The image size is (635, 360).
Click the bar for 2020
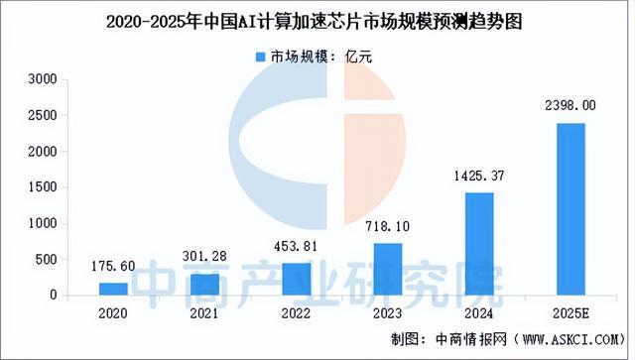click(x=113, y=289)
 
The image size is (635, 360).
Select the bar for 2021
click(x=204, y=284)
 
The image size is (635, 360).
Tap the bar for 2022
click(x=296, y=279)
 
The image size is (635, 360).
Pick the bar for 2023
click(x=387, y=269)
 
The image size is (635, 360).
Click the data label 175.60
click(x=113, y=267)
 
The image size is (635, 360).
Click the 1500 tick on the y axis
click(x=45, y=186)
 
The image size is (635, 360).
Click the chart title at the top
click(x=317, y=19)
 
